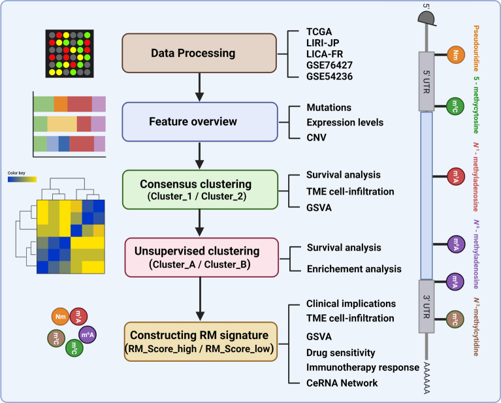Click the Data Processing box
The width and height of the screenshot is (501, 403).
pyautogui.click(x=199, y=52)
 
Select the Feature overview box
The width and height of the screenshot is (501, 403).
pyautogui.click(x=199, y=122)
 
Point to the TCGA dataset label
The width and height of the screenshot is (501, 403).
pyautogui.click(x=320, y=33)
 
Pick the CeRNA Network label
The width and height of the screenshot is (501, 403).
pyautogui.click(x=342, y=382)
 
